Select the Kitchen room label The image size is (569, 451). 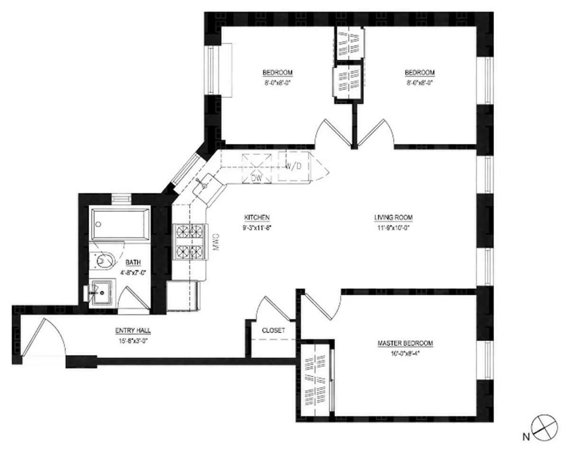pyautogui.click(x=257, y=218)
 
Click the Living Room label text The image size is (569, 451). pyautogui.click(x=393, y=218)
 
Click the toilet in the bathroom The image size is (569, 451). pyautogui.click(x=105, y=260)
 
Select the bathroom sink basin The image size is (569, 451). pyautogui.click(x=101, y=293)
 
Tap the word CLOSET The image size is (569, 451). pyautogui.click(x=274, y=330)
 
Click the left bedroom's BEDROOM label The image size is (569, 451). pyautogui.click(x=277, y=73)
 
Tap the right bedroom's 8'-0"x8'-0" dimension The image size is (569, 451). pyautogui.click(x=419, y=81)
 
